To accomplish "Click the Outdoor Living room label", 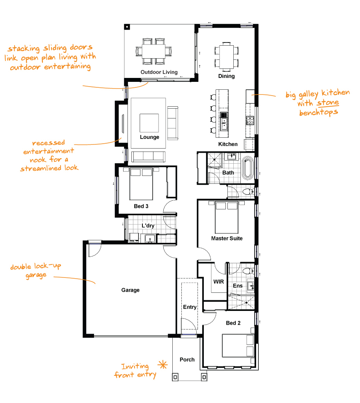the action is pyautogui.click(x=159, y=72).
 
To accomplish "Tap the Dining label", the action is pyautogui.click(x=226, y=76).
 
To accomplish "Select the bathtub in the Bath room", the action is pyautogui.click(x=248, y=168).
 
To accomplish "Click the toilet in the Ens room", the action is pyautogui.click(x=248, y=271).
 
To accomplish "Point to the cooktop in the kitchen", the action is pyautogui.click(x=250, y=120).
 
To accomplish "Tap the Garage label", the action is pyautogui.click(x=130, y=290).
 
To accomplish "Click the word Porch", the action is pyautogui.click(x=187, y=360).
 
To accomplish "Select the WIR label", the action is pyautogui.click(x=218, y=282).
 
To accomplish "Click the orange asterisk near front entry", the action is pyautogui.click(x=162, y=364).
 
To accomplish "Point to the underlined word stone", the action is pyautogui.click(x=328, y=102).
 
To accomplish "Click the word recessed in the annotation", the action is pyautogui.click(x=48, y=143).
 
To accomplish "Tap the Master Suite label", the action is pyautogui.click(x=227, y=238).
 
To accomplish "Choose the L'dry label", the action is pyautogui.click(x=148, y=226).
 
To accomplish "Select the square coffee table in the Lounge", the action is pyautogui.click(x=149, y=123).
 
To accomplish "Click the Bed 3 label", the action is pyautogui.click(x=141, y=206).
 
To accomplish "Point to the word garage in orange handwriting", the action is pyautogui.click(x=36, y=275).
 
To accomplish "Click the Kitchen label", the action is pyautogui.click(x=228, y=144).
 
